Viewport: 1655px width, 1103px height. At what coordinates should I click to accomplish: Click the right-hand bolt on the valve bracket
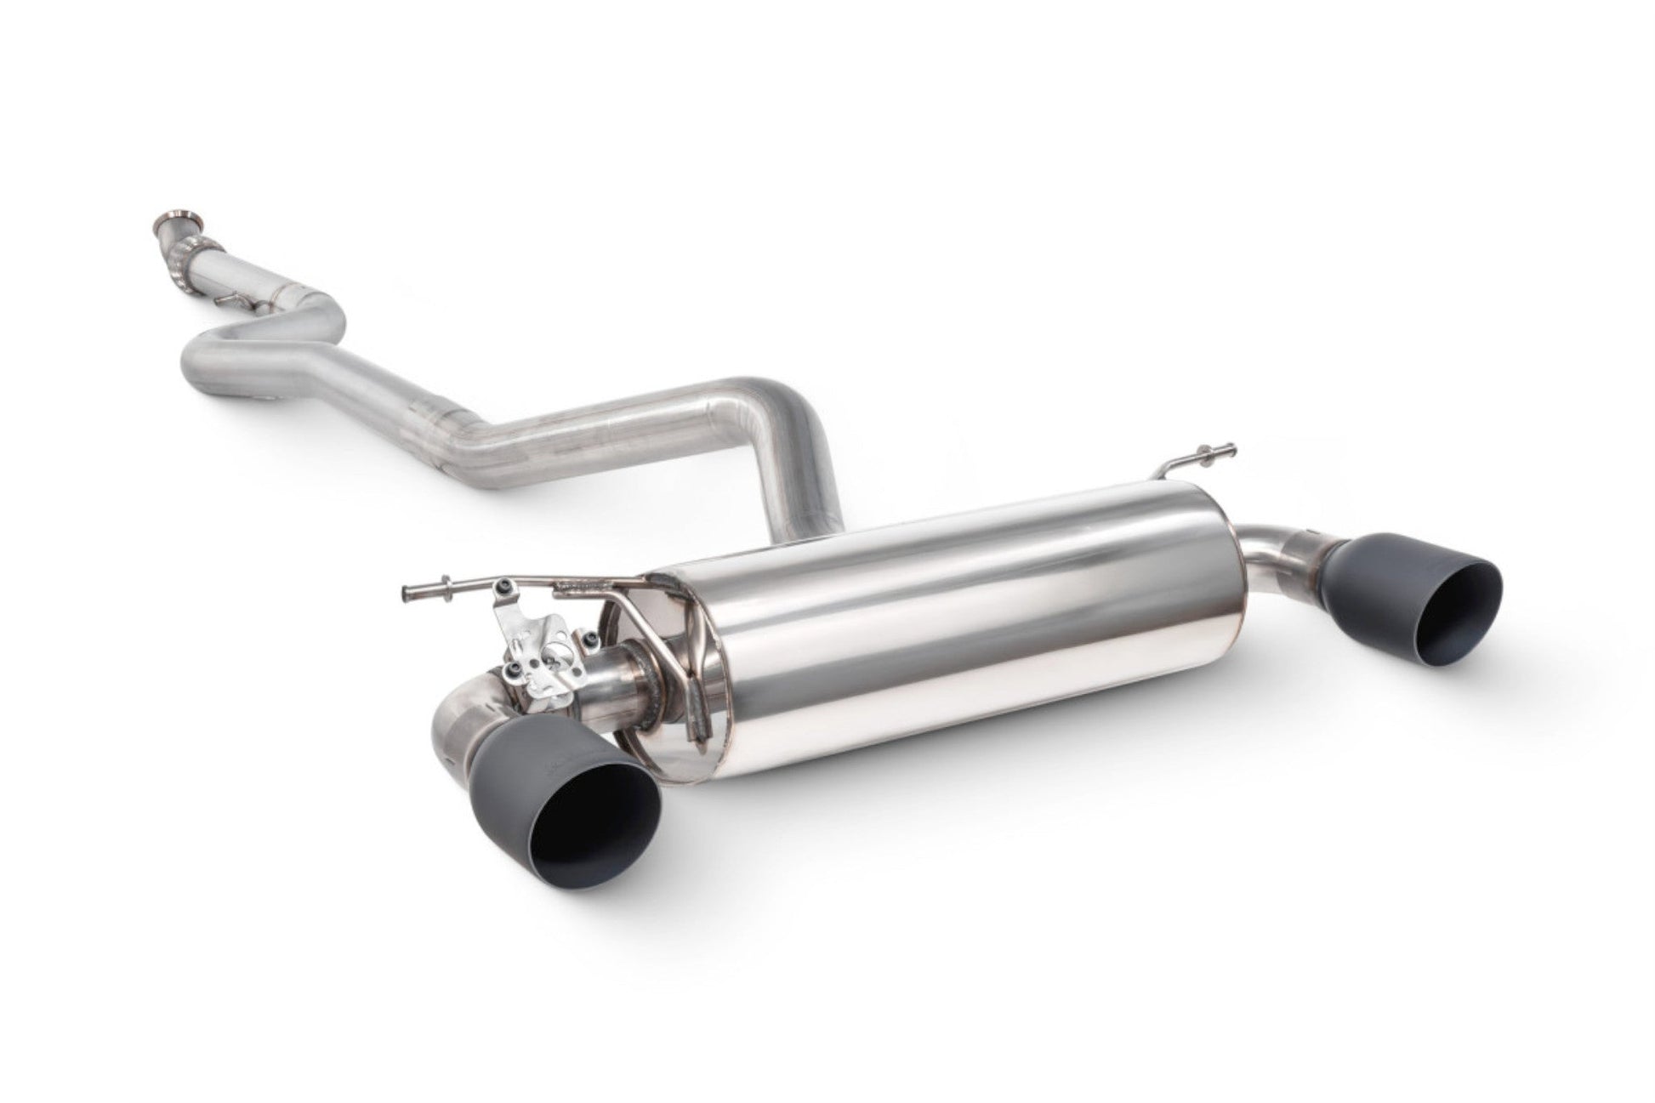(x=588, y=637)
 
